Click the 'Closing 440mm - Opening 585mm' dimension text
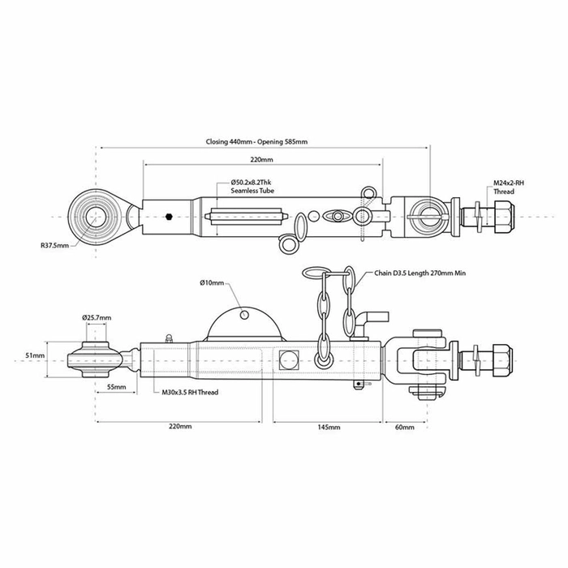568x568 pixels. point(256,141)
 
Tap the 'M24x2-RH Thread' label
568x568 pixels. point(509,188)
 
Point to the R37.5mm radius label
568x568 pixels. point(54,243)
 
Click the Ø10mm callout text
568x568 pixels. point(213,282)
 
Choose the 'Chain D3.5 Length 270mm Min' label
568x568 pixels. point(420,274)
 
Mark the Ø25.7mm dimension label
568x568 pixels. point(96,317)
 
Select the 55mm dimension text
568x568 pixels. point(115,388)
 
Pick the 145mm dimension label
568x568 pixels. point(328,426)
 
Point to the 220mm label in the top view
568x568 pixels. point(261,160)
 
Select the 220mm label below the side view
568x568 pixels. point(179,426)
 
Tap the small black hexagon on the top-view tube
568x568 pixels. point(167,217)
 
